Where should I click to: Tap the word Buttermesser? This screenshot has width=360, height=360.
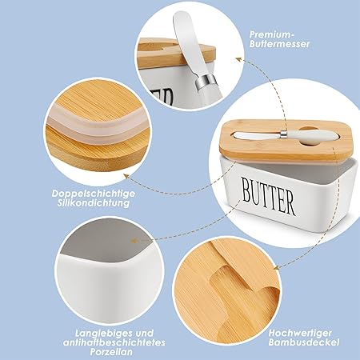[280, 44]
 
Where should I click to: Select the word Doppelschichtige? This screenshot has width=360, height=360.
[94, 194]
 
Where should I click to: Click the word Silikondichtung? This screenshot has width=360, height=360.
[94, 203]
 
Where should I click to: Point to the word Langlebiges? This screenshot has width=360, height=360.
[103, 334]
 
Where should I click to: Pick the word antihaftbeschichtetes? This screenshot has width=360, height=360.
[114, 342]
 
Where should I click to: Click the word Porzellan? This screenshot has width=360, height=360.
[111, 352]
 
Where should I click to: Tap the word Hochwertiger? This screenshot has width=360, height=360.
[300, 333]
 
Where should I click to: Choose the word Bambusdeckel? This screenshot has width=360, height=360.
[304, 342]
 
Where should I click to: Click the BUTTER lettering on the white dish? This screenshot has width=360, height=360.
[269, 196]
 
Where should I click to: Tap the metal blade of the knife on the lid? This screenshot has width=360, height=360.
[258, 135]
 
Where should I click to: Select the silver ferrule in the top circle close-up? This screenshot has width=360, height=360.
[206, 82]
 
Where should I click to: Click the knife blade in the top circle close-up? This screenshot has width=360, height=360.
[186, 42]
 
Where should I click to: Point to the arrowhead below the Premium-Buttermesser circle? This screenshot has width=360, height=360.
[239, 59]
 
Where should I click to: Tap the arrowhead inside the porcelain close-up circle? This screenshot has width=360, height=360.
[134, 241]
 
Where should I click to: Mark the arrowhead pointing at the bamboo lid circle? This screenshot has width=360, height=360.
[278, 267]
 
